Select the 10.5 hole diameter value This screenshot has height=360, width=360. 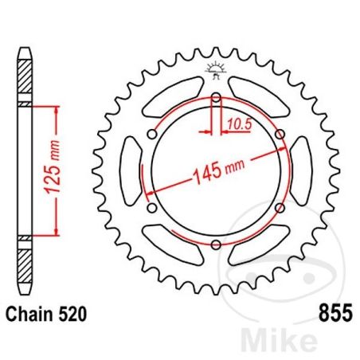click(235, 122)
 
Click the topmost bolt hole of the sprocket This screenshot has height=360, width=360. click(216, 99)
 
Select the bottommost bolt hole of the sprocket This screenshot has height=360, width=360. click(216, 245)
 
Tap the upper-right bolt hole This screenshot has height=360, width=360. click(279, 135)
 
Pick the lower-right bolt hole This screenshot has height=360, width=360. click(279, 208)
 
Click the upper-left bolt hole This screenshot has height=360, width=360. click(152, 135)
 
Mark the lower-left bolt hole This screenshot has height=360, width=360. click(152, 208)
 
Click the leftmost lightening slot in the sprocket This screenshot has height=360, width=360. click(127, 171)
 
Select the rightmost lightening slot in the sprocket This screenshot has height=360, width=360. click(304, 171)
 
